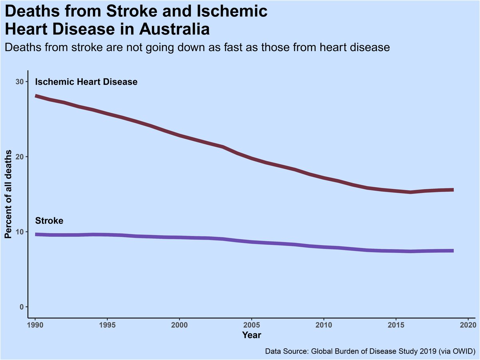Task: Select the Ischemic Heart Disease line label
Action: tap(86, 82)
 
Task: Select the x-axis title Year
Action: tap(252, 334)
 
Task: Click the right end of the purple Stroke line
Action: tap(452, 251)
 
